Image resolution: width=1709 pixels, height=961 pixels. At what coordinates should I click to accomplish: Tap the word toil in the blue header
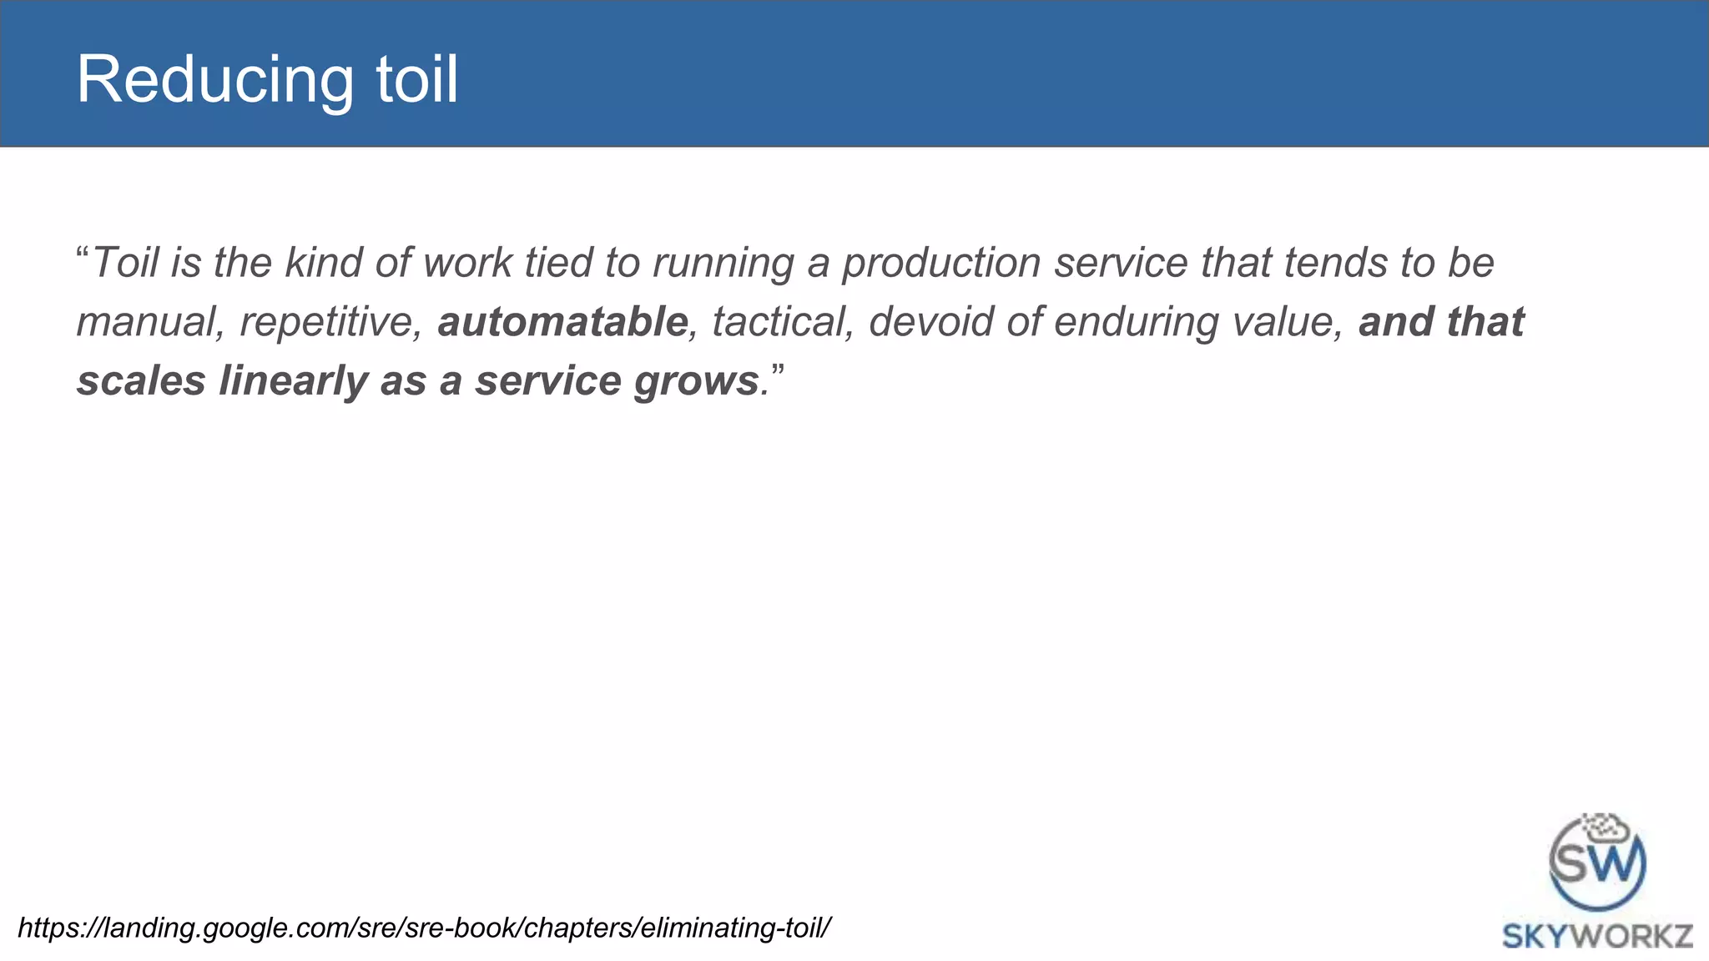(x=416, y=79)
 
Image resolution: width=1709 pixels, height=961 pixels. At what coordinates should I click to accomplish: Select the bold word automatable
(x=562, y=322)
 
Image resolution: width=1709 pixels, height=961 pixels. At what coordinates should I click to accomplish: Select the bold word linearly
(x=293, y=380)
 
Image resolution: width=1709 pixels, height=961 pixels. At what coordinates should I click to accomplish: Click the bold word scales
(x=141, y=380)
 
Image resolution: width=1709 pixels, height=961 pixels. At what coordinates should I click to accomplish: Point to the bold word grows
(x=696, y=382)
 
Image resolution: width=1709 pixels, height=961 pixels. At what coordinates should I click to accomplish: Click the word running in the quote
(x=723, y=264)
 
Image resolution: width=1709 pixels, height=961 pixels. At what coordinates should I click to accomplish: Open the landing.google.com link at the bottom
(x=424, y=928)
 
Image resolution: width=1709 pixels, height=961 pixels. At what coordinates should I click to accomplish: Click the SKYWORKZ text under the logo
(x=1597, y=936)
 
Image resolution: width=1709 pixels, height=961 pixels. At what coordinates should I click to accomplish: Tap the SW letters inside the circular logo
(x=1596, y=863)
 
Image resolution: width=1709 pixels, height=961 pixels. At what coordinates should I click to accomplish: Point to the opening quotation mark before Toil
(x=83, y=252)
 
